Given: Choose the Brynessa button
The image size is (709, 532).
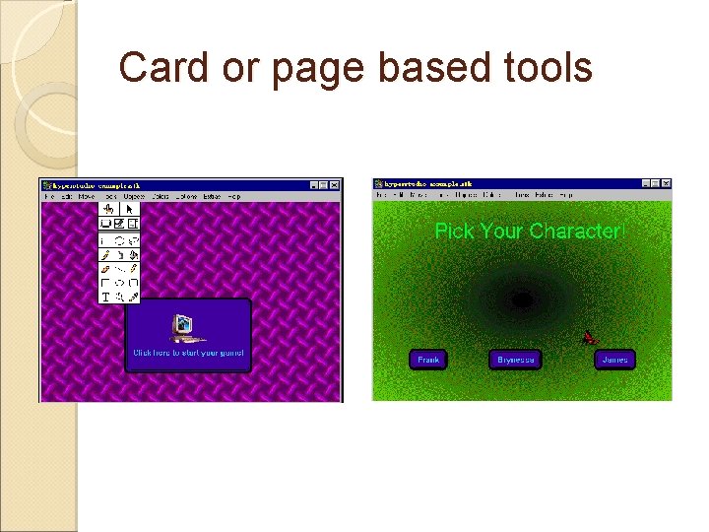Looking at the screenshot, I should pyautogui.click(x=516, y=360).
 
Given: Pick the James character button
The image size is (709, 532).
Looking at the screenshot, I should pyautogui.click(x=614, y=360).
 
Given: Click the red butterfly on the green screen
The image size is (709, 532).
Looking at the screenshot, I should pyautogui.click(x=590, y=338).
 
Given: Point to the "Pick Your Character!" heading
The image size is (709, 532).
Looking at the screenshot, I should pyautogui.click(x=530, y=232).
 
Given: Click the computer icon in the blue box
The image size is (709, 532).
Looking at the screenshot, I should pyautogui.click(x=182, y=326).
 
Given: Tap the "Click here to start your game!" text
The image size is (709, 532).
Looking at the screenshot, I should pyautogui.click(x=188, y=352).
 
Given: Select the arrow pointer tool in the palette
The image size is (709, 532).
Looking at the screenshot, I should pyautogui.click(x=132, y=209).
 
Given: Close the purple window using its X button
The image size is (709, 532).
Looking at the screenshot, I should pyautogui.click(x=335, y=185).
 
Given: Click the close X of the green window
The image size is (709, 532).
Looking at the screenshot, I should pyautogui.click(x=666, y=184).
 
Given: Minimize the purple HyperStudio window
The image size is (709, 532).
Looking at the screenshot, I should pyautogui.click(x=313, y=185).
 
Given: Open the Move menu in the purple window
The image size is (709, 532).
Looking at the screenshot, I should pyautogui.click(x=87, y=197).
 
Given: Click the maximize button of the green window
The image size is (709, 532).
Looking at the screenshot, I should pyautogui.click(x=655, y=184).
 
